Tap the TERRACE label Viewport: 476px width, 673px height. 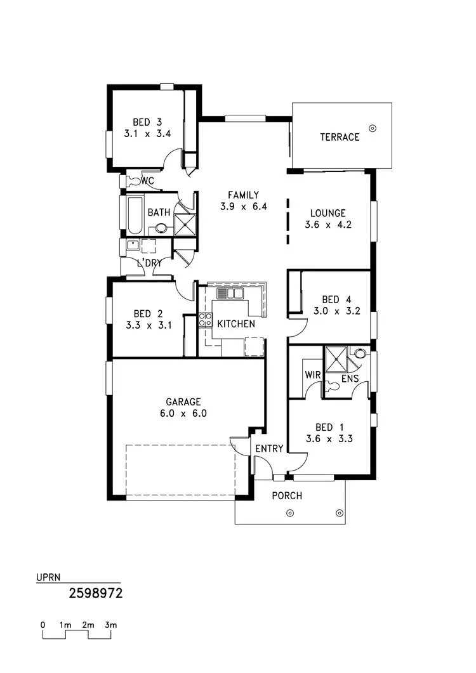340,137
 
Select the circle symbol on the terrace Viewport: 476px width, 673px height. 373,127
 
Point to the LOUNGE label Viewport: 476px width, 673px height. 327,213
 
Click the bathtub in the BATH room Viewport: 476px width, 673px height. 134,215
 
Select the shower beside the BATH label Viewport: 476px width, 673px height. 185,224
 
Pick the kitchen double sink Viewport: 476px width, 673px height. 230,294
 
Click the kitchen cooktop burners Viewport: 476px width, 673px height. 206,320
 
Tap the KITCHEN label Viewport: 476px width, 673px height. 236,324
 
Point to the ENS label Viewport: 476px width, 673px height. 350,379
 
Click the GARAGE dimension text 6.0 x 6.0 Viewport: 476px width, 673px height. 183,413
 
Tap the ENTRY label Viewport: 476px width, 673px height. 269,449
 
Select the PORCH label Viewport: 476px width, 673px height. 287,495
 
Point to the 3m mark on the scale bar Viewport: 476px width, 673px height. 111,625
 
